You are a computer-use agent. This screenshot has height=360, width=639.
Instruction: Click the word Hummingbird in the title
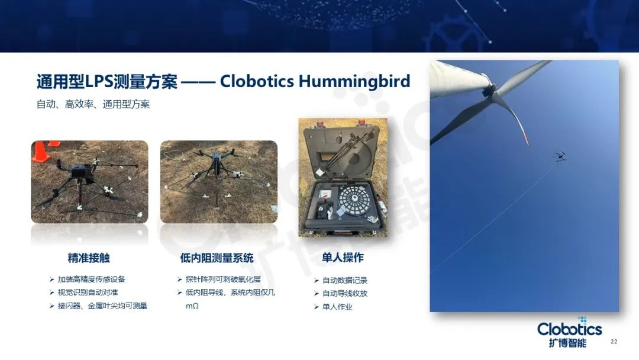(354, 82)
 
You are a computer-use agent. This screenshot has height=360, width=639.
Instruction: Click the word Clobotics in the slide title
(257, 81)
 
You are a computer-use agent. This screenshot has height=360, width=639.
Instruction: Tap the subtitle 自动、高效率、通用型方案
(93, 104)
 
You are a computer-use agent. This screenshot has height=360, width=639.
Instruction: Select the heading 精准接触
(89, 258)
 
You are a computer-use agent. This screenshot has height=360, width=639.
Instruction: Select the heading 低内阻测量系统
(217, 258)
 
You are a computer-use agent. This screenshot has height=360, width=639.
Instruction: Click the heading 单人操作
(343, 258)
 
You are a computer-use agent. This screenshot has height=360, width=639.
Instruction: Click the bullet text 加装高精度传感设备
(92, 279)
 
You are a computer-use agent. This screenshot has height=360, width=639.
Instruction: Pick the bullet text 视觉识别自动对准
(88, 292)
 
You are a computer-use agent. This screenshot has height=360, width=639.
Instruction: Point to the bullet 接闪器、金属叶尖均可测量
(102, 306)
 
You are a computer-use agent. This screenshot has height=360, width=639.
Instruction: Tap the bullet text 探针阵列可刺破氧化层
(223, 279)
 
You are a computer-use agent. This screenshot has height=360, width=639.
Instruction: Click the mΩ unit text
(192, 306)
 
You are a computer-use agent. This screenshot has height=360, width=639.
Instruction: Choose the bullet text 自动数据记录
(345, 281)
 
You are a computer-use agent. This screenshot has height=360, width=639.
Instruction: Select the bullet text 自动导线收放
(345, 294)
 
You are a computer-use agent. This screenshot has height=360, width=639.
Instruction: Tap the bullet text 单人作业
(337, 307)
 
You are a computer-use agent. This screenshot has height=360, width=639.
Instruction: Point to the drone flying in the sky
(560, 156)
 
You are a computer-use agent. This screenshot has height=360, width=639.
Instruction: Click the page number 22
(614, 342)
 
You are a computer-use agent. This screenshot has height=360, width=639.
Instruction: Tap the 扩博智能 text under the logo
(567, 342)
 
